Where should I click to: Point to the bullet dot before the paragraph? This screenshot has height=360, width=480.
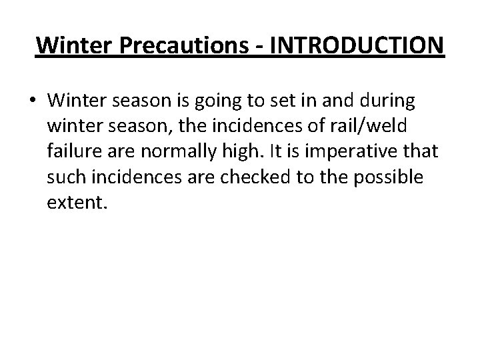33,102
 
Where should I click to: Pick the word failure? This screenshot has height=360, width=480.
73,151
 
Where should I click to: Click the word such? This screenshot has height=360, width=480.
65,177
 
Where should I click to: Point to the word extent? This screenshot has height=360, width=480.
76,201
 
